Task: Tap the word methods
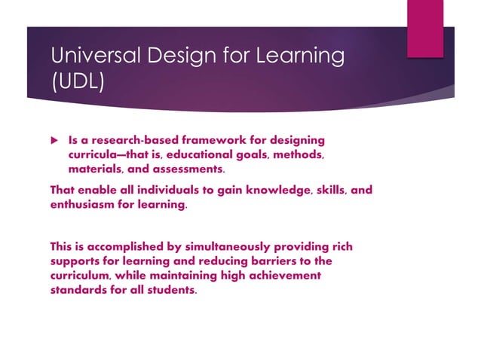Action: tap(300, 155)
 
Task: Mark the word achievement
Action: tap(281, 275)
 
